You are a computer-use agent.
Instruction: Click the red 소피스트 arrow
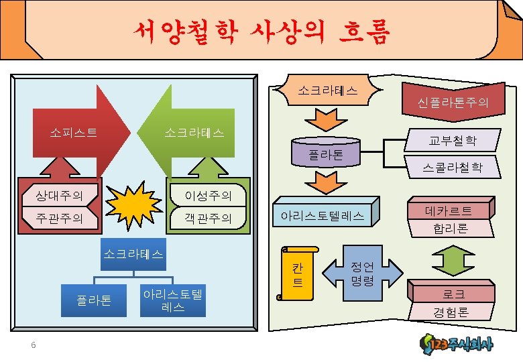80,131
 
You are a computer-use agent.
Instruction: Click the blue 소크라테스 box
133,254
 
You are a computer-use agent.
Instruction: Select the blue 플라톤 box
95,299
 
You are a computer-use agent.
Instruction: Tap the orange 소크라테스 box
327,90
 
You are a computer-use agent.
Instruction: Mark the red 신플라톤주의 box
453,102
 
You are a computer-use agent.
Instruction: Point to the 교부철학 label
453,141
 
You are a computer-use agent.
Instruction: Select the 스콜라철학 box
453,167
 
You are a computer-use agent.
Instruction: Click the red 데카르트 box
449,210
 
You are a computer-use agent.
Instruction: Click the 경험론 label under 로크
451,312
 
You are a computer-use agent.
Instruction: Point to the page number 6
33,345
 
